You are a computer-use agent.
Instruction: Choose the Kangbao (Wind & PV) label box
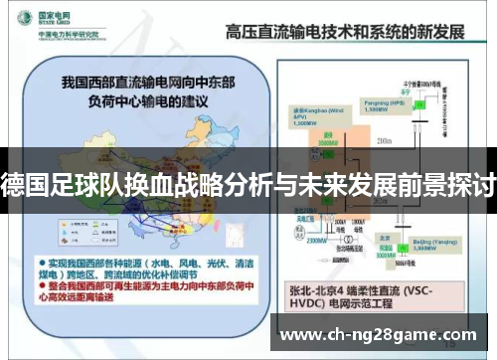point(310,116)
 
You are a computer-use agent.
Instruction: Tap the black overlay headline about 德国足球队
point(248,181)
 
